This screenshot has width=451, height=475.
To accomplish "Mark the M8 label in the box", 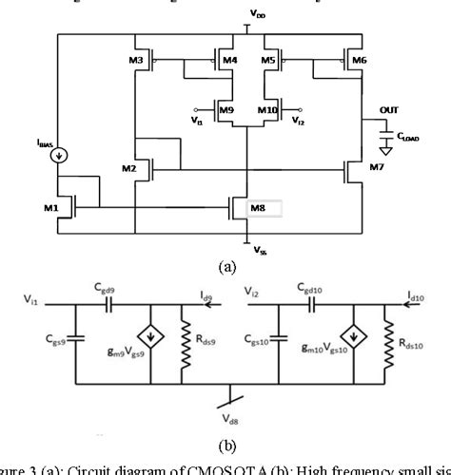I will (x=258, y=207).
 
